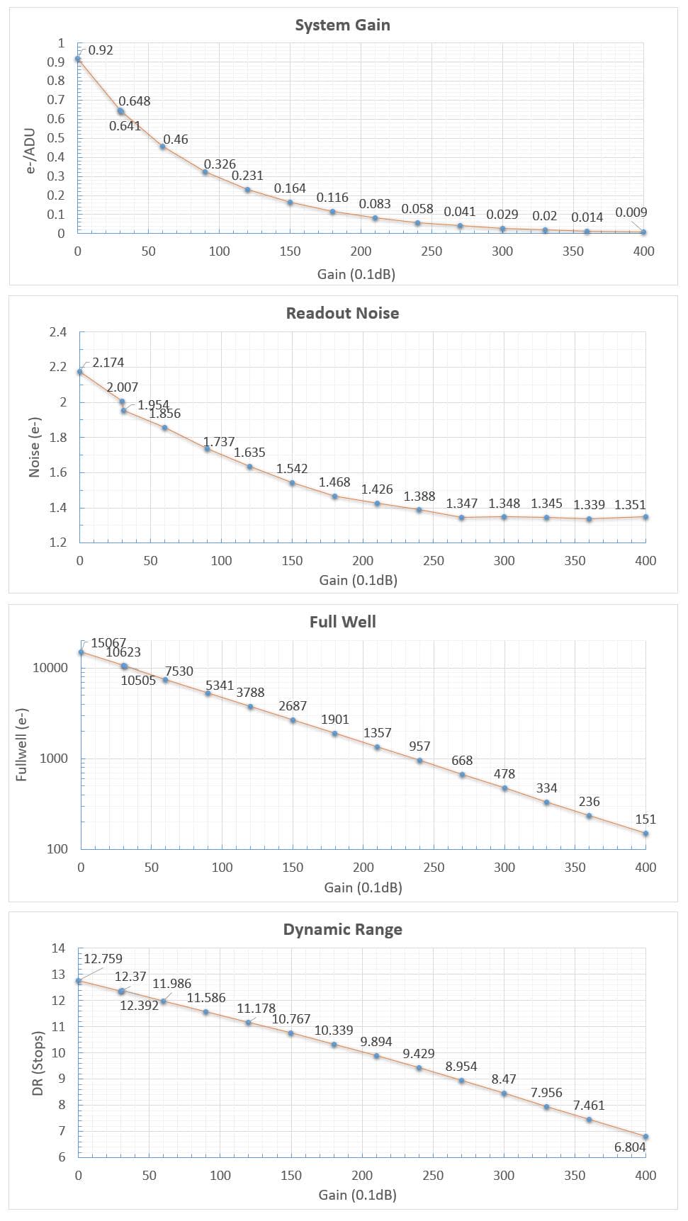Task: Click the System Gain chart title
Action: pos(342,25)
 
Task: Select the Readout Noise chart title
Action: pos(342,314)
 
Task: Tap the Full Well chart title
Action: pos(342,622)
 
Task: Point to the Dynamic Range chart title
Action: pos(342,930)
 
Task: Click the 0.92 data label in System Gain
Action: pos(101,50)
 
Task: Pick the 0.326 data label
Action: pos(220,164)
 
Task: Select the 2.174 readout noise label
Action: pos(108,363)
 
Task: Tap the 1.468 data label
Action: pos(334,482)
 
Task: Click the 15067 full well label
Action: pos(108,643)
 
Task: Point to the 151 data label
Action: pos(645,819)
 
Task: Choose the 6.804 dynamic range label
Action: pos(630,1147)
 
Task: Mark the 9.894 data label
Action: pos(376,1042)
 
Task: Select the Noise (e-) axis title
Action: pos(34,447)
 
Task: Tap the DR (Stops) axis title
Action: pos(38,1063)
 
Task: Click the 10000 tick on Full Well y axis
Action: pos(50,668)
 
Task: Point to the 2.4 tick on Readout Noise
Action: pos(58,332)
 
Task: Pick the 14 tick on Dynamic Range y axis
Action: pos(58,948)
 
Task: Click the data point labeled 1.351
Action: pos(645,517)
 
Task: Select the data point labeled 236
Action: pos(589,816)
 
